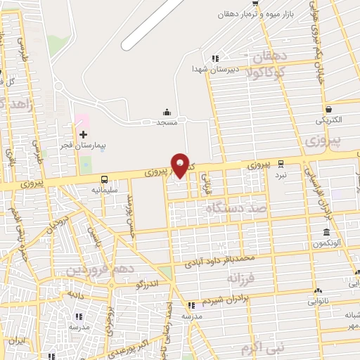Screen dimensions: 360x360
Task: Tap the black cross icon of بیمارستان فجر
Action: (x=83, y=134)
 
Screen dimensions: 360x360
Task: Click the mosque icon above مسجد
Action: (x=167, y=111)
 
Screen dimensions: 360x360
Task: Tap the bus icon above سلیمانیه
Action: (x=105, y=179)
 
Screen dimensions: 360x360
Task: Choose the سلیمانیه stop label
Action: (x=105, y=189)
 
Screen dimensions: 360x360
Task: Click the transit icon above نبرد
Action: (x=281, y=162)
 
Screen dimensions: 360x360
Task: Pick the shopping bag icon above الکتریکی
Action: (x=329, y=109)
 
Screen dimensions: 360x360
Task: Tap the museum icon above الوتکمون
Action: (x=327, y=233)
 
